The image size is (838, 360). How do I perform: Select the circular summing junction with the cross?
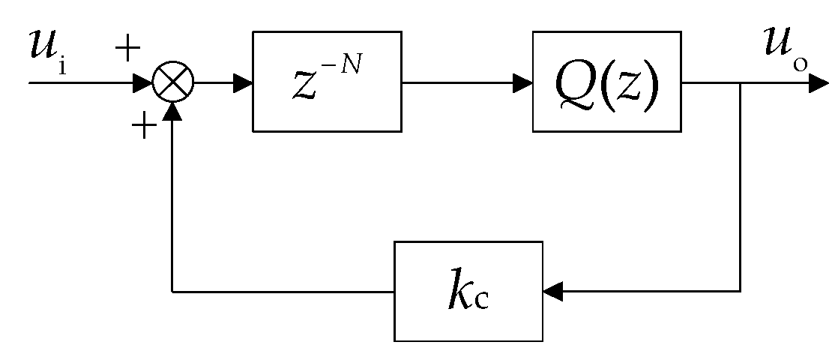(x=173, y=82)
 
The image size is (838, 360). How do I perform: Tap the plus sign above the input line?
(x=128, y=50)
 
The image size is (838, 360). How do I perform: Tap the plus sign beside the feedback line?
(x=143, y=127)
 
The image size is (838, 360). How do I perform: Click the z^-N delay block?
(x=326, y=82)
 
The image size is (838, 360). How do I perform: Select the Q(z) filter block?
(x=607, y=82)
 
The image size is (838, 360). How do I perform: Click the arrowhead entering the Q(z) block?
(x=523, y=82)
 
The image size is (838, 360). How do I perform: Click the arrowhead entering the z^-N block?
(x=243, y=82)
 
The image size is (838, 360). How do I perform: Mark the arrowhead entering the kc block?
(x=553, y=291)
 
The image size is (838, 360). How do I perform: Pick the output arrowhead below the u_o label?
(x=819, y=82)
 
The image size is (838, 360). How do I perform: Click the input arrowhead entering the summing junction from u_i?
(x=143, y=82)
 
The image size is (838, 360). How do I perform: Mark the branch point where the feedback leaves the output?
(x=741, y=82)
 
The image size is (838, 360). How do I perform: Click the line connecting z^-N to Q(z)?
(x=457, y=82)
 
